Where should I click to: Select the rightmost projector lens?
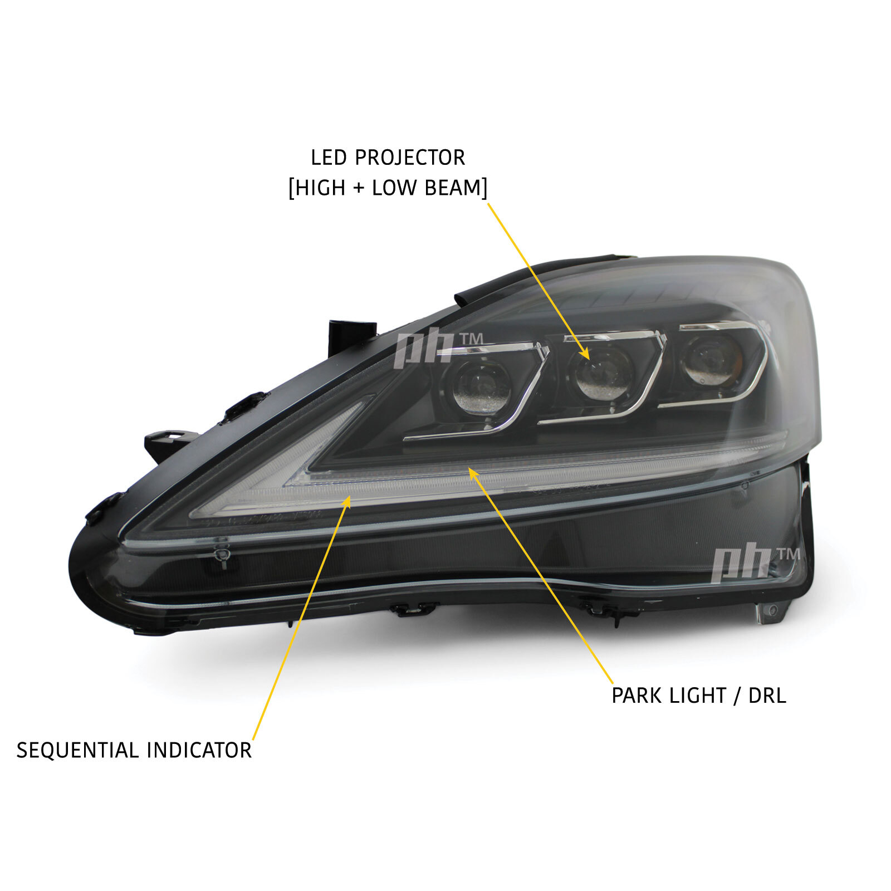(708, 359)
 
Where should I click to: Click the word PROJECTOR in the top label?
(410, 158)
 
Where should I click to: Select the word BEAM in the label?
(453, 188)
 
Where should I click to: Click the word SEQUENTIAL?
(78, 751)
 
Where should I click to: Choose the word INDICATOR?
(200, 751)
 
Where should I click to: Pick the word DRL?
(767, 696)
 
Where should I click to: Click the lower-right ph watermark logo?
(755, 563)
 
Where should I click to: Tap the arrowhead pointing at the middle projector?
(583, 352)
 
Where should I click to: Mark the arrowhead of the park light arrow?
(473, 473)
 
